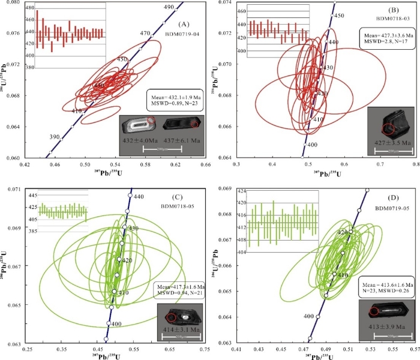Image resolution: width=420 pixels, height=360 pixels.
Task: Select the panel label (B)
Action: coord(394,11)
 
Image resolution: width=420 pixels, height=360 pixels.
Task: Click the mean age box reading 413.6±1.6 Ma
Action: coord(385,287)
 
